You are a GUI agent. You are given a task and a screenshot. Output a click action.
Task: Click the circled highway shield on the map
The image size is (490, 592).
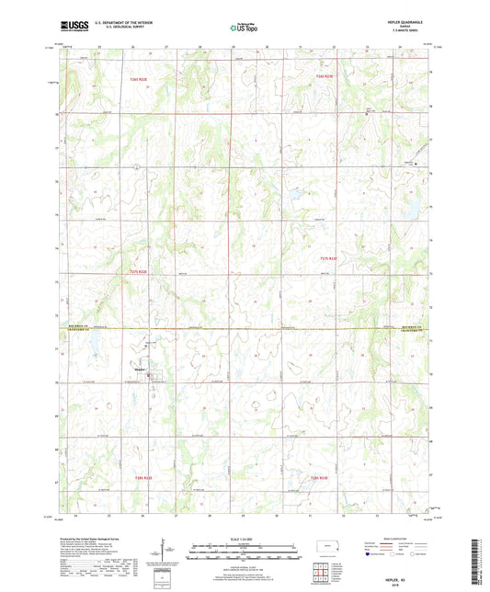click(136, 166)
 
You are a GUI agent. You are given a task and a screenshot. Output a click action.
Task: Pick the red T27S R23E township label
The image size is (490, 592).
click(329, 259)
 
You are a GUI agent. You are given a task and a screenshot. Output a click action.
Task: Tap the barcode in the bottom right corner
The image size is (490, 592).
click(478, 555)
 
